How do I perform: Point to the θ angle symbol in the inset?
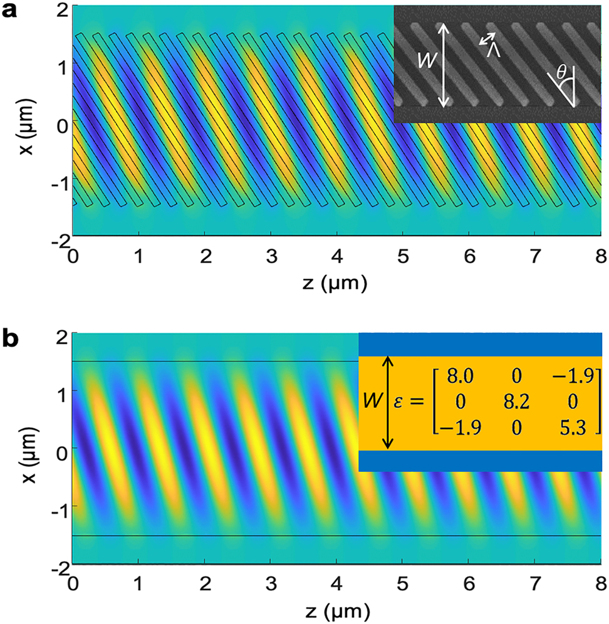(x=562, y=75)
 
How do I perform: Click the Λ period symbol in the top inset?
(x=494, y=51)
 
